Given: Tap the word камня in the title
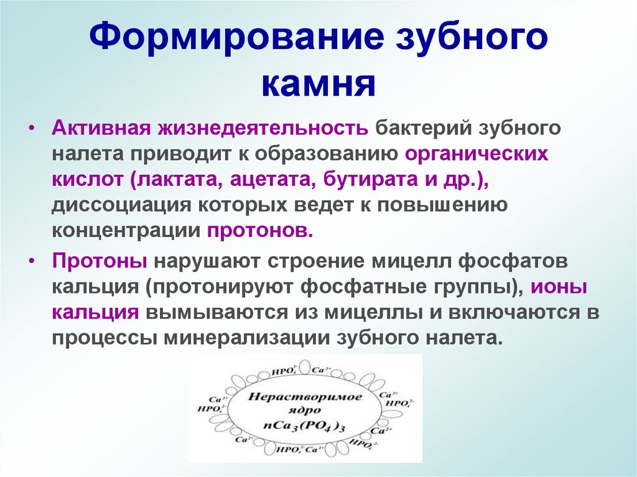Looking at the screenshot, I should [x=318, y=85].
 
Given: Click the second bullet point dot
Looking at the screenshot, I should [x=33, y=262].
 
